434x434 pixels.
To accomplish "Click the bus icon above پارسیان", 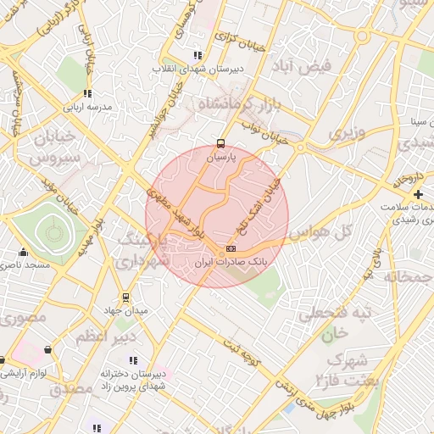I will (221, 143).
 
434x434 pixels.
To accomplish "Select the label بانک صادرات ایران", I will (231, 263).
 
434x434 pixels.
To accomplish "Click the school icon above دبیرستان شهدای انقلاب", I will (198, 55).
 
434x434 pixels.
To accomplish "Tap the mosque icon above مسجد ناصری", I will (23, 252).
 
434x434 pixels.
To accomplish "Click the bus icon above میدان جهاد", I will (125, 298).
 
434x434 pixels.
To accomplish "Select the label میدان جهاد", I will (125, 311).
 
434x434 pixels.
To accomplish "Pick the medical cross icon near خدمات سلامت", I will (418, 195).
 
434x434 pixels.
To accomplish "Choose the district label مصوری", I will (23, 320).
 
